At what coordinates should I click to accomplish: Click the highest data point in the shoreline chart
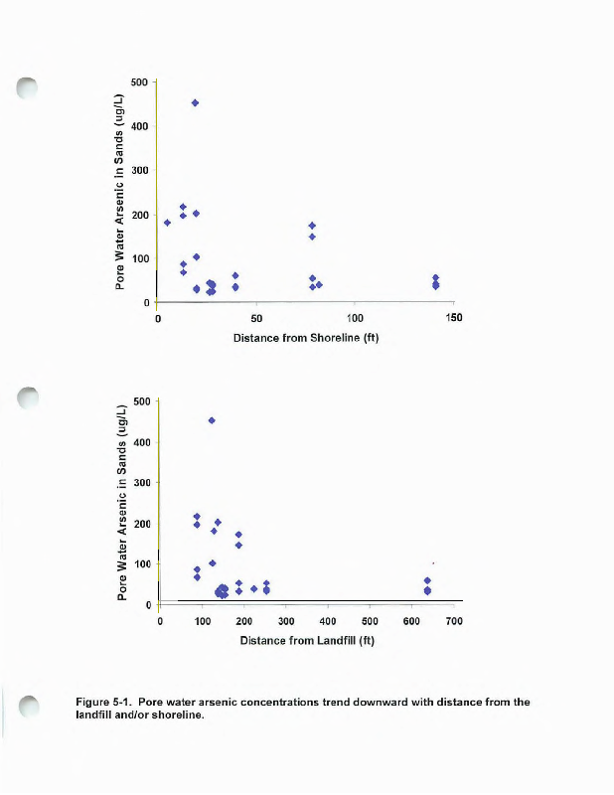coord(195,102)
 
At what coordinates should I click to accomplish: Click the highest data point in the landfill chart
coord(212,420)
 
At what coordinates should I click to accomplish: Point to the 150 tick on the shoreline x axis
coord(453,318)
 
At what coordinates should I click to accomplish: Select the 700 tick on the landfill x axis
coord(454,621)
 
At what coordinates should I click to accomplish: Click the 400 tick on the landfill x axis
coord(328,621)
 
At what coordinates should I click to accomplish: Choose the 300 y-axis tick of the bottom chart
coord(140,483)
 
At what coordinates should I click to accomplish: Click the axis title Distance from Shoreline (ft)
coord(306,338)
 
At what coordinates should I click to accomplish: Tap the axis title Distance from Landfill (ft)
coord(306,640)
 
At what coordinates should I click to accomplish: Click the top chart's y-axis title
coord(120,192)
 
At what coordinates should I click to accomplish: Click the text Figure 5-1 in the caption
coord(103,703)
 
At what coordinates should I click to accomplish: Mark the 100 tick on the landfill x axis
coord(202,621)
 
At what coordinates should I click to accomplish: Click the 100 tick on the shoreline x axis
coord(355,318)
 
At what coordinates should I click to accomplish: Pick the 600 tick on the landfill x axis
coord(412,621)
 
